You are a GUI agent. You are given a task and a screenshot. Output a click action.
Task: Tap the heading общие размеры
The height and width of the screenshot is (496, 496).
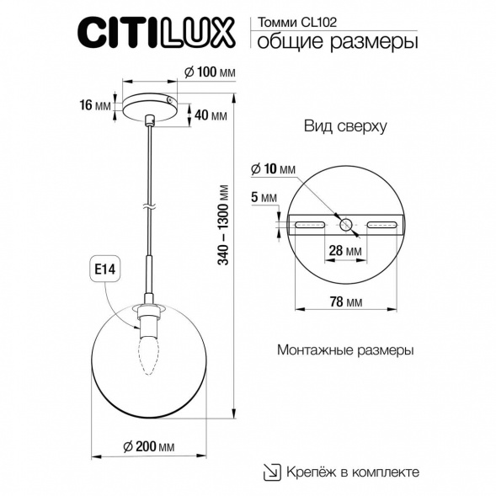pos(335,41)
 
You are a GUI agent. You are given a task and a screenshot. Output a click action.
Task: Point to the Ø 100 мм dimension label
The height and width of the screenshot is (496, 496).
pos(208,73)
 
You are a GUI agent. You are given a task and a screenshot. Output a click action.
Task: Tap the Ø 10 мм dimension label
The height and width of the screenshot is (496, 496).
pos(273,170)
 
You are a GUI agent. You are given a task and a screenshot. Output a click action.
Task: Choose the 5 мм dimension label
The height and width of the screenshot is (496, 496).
pos(265,198)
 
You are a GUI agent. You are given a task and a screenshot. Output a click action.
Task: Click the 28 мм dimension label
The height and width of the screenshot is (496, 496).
pos(345,251)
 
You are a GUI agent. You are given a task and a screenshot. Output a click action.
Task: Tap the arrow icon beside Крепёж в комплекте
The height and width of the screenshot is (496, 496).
pos(273,472)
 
